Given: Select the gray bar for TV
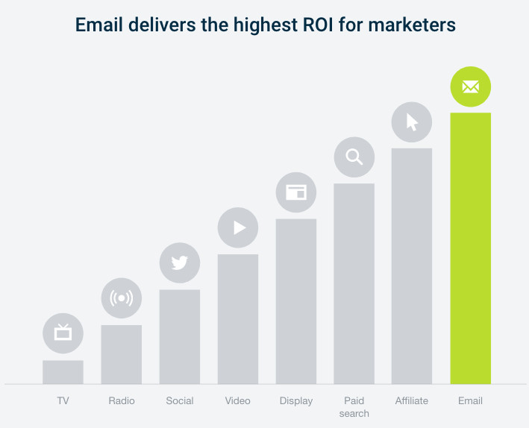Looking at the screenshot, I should (x=63, y=372).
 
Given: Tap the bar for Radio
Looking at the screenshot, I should (x=121, y=354).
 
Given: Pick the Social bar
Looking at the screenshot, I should (x=180, y=336).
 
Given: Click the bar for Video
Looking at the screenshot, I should (x=238, y=319).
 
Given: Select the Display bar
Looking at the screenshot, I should (x=296, y=301).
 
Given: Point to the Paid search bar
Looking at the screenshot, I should (x=354, y=283).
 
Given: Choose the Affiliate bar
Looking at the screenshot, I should (x=412, y=266).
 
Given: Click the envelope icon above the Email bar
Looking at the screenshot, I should (x=470, y=87).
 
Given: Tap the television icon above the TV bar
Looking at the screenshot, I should (x=63, y=333).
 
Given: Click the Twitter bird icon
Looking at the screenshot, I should (x=180, y=262).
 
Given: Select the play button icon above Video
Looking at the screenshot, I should (x=239, y=227).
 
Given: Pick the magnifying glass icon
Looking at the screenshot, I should (x=354, y=157).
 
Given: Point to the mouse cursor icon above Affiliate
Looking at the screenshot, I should (x=412, y=122).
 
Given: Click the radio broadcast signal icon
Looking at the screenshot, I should (x=121, y=298).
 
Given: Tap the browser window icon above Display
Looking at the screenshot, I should (x=296, y=192).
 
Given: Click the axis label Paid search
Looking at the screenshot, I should (x=354, y=407).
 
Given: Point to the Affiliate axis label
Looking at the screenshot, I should (x=412, y=401).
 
